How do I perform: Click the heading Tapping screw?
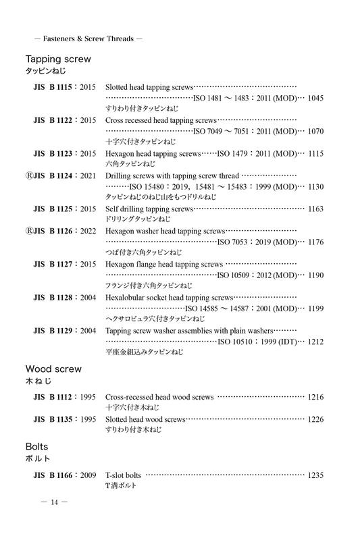[58, 59]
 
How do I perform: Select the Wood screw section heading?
[53, 369]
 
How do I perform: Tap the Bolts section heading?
[38, 447]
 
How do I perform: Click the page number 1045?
[315, 98]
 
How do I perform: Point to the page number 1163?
[315, 209]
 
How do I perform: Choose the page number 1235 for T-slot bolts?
[315, 475]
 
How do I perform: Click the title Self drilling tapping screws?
[149, 209]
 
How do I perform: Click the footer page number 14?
[55, 502]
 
